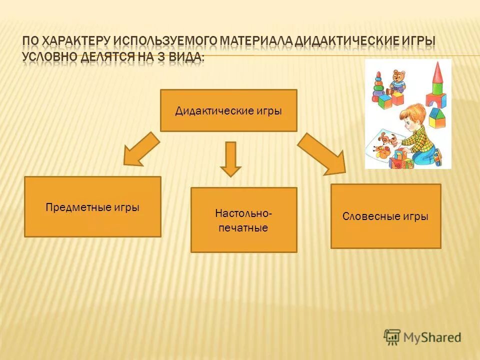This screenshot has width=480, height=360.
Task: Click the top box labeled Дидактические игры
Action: pyautogui.click(x=228, y=110)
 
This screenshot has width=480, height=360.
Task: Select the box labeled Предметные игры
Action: pyautogui.click(x=92, y=206)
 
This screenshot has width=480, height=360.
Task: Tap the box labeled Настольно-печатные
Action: pyautogui.click(x=243, y=220)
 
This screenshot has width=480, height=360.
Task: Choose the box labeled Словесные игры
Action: pyautogui.click(x=385, y=216)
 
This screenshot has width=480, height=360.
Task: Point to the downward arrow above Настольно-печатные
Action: pyautogui.click(x=230, y=158)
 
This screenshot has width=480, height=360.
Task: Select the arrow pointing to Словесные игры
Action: pyautogui.click(x=322, y=154)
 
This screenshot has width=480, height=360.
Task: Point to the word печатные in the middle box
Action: pyautogui.click(x=243, y=228)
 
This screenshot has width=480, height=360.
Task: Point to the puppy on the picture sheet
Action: pyautogui.click(x=386, y=141)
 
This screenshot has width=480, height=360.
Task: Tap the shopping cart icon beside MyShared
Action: pyautogui.click(x=392, y=336)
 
